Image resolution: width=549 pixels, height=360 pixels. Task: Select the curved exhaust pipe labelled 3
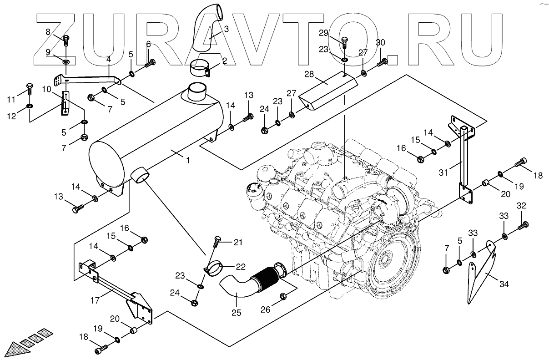coord(205,34)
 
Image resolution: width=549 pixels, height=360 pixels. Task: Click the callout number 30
coord(380,43)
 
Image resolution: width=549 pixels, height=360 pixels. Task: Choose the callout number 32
coord(521,206)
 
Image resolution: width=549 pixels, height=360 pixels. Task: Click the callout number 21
coord(238,242)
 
